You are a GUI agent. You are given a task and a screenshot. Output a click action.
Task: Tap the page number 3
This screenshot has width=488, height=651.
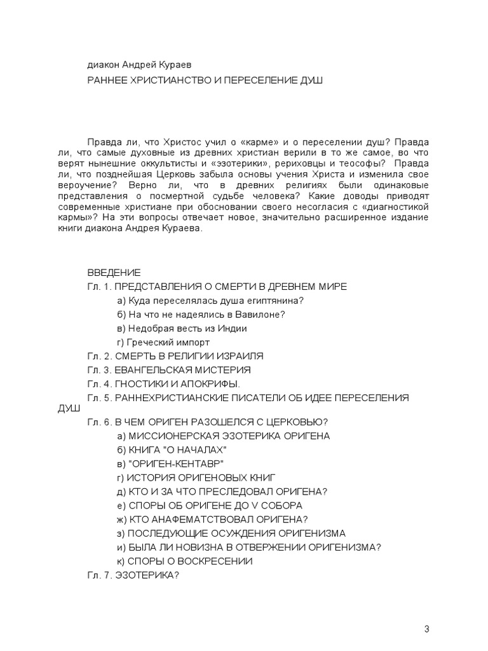click(x=427, y=629)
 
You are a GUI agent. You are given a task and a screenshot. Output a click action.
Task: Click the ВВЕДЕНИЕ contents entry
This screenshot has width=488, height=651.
click(x=113, y=273)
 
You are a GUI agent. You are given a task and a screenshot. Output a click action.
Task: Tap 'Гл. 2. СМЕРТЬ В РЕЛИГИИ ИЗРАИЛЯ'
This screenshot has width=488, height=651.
click(x=175, y=356)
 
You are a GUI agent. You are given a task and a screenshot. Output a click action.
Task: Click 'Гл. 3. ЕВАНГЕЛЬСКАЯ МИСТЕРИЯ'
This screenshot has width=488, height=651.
click(x=168, y=370)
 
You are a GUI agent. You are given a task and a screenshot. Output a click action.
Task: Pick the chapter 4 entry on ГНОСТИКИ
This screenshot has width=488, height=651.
click(x=164, y=384)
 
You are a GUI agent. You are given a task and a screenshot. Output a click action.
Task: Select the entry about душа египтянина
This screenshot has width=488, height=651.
click(x=207, y=301)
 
